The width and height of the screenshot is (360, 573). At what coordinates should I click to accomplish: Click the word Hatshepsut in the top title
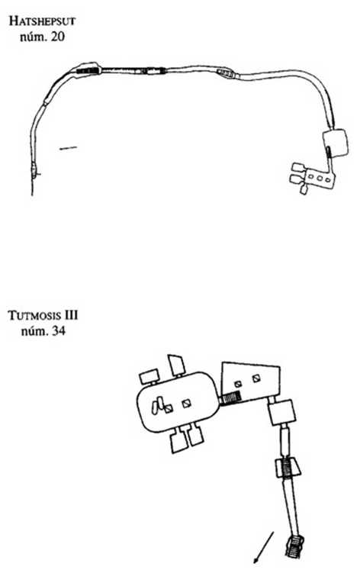pyautogui.click(x=42, y=21)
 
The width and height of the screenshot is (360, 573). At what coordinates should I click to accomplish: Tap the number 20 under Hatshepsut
pyautogui.click(x=57, y=37)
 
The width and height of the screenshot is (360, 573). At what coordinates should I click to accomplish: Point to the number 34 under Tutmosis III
pyautogui.click(x=59, y=331)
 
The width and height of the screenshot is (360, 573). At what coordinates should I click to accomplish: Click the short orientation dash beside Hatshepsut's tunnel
pyautogui.click(x=69, y=148)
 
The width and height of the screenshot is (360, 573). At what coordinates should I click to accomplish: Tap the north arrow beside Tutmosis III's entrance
pyautogui.click(x=263, y=547)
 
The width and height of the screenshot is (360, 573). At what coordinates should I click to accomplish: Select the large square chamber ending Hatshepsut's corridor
pyautogui.click(x=335, y=143)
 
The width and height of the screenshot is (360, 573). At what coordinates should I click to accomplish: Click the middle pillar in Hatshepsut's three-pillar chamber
pyautogui.click(x=320, y=178)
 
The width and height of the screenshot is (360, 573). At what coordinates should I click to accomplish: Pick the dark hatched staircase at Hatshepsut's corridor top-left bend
pyautogui.click(x=88, y=70)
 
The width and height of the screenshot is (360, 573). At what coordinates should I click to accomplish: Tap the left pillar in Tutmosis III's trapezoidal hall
pyautogui.click(x=238, y=384)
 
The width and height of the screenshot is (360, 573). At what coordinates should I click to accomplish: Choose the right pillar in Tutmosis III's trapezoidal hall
pyautogui.click(x=256, y=378)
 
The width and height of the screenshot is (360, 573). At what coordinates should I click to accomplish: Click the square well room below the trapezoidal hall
pyautogui.click(x=281, y=412)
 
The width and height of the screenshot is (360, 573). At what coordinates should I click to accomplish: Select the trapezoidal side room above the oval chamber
pyautogui.click(x=175, y=365)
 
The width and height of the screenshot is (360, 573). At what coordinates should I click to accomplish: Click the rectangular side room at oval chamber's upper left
pyautogui.click(x=149, y=376)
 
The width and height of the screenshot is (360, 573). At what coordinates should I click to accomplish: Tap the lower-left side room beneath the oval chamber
pyautogui.click(x=179, y=442)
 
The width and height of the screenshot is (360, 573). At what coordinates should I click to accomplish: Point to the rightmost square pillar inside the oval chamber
pyautogui.click(x=186, y=404)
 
